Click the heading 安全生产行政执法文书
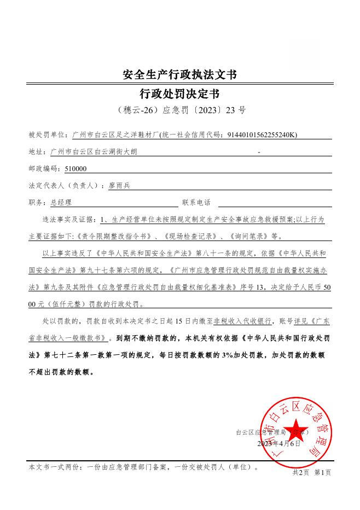click(179, 74)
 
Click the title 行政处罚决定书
click(179, 92)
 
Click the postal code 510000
click(76, 169)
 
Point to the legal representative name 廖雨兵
click(119, 186)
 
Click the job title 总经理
click(61, 203)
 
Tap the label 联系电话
click(196, 203)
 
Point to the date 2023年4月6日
click(279, 444)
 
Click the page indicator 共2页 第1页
click(311, 472)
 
